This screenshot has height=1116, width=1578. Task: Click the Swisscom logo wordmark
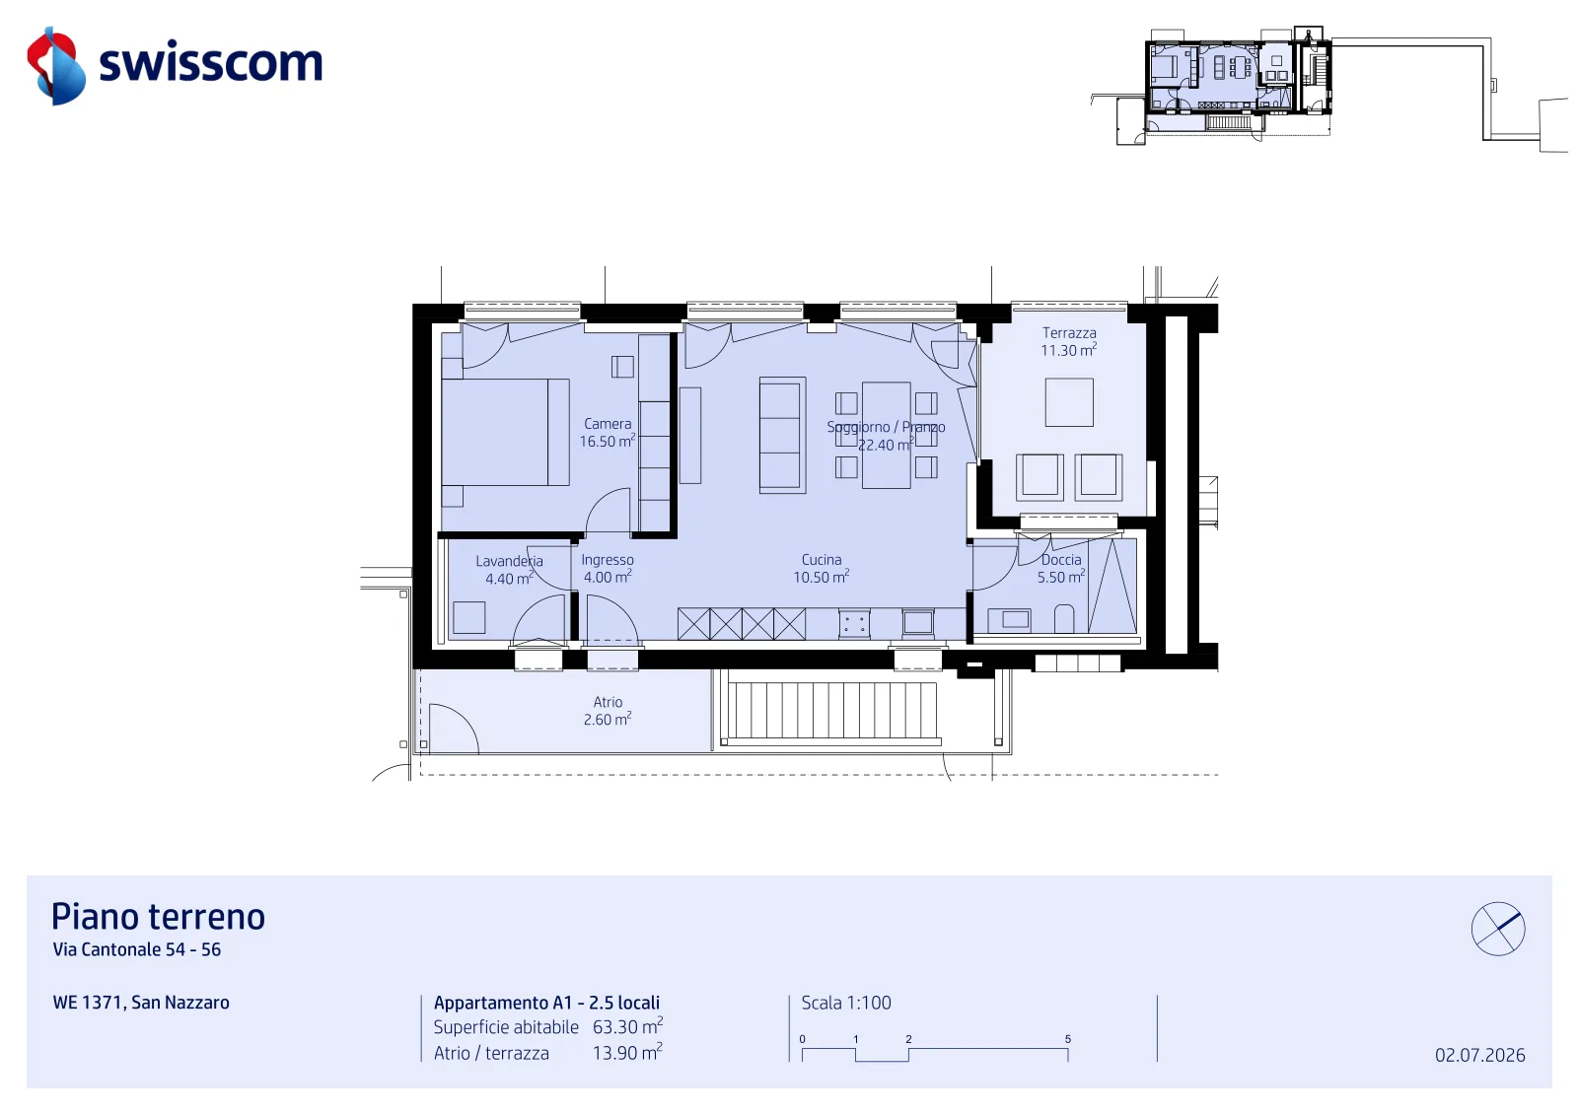click(x=211, y=63)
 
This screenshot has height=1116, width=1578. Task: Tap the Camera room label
click(x=608, y=433)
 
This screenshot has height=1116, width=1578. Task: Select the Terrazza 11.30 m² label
click(x=1069, y=341)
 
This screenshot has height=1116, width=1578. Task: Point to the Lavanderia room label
click(x=509, y=570)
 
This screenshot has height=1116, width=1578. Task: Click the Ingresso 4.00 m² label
click(x=608, y=568)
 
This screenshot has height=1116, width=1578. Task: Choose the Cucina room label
click(x=822, y=568)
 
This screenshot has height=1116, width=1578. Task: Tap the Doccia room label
click(x=1061, y=568)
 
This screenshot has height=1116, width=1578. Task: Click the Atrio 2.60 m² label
click(x=608, y=711)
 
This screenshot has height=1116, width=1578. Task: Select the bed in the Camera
click(x=505, y=433)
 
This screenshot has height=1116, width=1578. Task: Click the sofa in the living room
click(x=782, y=435)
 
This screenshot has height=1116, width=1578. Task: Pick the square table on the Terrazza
click(x=1069, y=402)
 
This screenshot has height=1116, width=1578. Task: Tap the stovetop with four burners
click(x=854, y=624)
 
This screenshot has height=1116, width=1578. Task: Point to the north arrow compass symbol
click(x=1498, y=929)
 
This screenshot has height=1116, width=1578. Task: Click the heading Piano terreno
click(x=158, y=917)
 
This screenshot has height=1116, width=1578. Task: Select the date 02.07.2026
click(x=1479, y=1055)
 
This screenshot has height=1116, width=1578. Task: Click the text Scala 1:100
click(x=846, y=1003)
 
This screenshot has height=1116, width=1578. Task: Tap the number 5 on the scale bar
click(x=1068, y=1039)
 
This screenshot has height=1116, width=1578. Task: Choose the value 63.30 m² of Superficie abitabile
click(x=627, y=1026)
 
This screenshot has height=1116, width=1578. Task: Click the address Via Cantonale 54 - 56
click(x=137, y=949)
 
